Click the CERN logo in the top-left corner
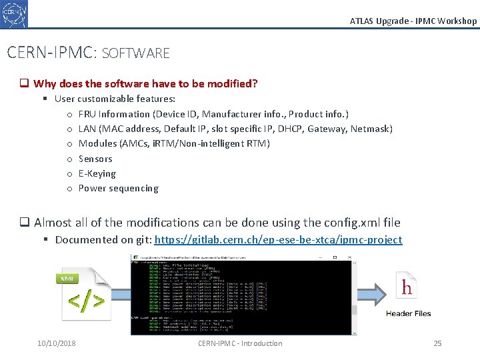pyautogui.click(x=14, y=13)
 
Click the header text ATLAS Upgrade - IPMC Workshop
pyautogui.click(x=413, y=21)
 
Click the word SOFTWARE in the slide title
pyautogui.click(x=136, y=53)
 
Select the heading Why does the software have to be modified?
pyautogui.click(x=145, y=83)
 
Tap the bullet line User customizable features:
pyautogui.click(x=105, y=99)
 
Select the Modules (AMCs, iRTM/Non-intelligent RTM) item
pyautogui.click(x=174, y=143)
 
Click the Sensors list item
pyautogui.click(x=95, y=159)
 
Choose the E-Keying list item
pyautogui.click(x=97, y=173)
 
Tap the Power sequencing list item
pyautogui.click(x=119, y=188)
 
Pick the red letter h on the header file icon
pyautogui.click(x=407, y=287)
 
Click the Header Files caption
pyautogui.click(x=408, y=313)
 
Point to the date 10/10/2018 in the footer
pyautogui.click(x=57, y=343)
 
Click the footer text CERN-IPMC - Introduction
pyautogui.click(x=240, y=343)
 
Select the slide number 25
pyautogui.click(x=437, y=343)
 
